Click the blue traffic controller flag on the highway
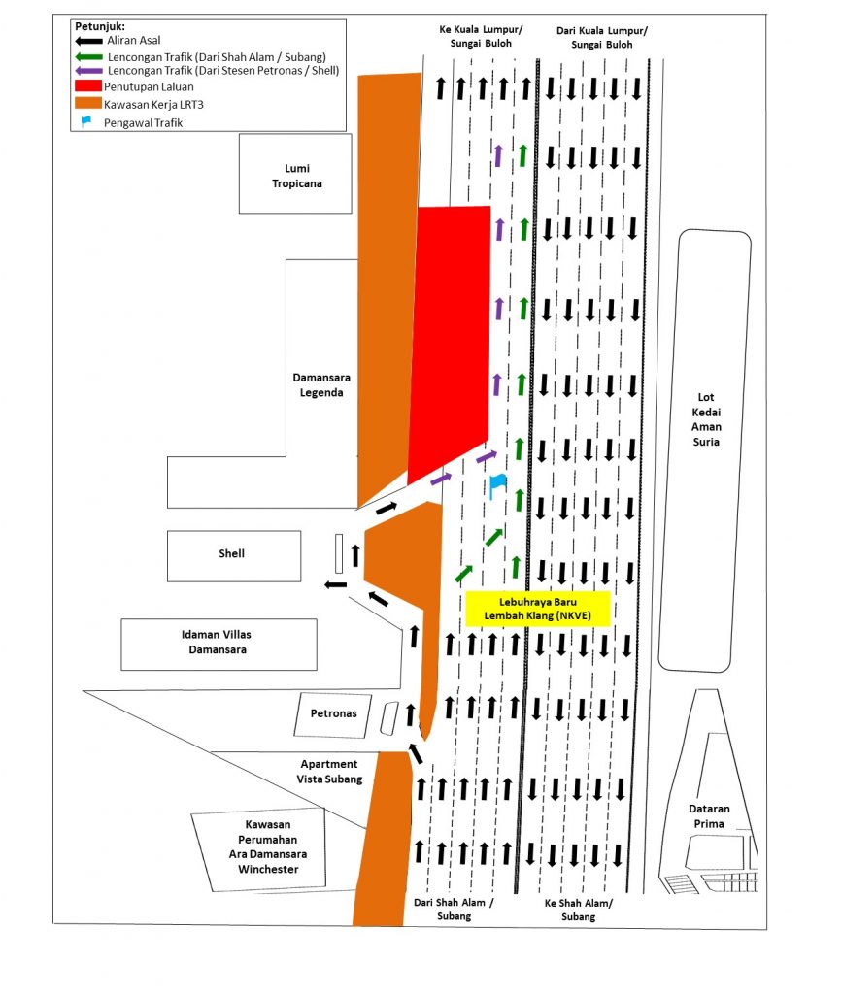(497, 486)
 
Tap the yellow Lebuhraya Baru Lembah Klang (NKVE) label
(538, 609)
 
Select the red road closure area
(450, 343)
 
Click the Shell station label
(231, 553)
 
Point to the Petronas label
(333, 713)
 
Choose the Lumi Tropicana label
(297, 176)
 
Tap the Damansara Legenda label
(321, 384)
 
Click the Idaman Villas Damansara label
(217, 642)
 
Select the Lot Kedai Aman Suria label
(706, 419)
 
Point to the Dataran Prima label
(709, 815)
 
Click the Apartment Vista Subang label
(329, 772)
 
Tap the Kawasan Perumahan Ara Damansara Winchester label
(268, 846)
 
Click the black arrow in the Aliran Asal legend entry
(88, 41)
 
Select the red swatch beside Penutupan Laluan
(88, 85)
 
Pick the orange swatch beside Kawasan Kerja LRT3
(88, 103)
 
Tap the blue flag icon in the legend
(85, 121)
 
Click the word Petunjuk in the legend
(99, 26)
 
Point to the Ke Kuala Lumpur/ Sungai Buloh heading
(481, 37)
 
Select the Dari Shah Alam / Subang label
(454, 909)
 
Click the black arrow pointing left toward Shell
(336, 584)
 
